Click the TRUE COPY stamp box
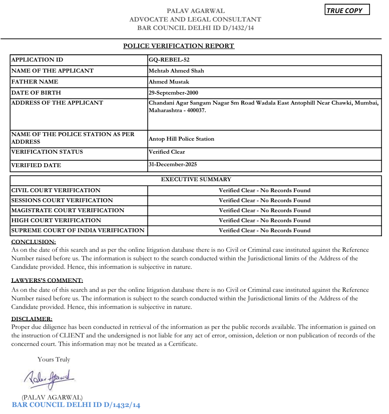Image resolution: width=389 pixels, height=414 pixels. [347, 10]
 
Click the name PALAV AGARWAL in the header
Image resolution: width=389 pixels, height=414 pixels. [195, 11]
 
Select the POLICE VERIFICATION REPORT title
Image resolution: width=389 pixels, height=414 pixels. [179, 46]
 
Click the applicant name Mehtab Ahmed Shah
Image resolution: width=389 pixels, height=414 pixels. [176, 71]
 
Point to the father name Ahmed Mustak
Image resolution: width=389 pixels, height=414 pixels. [169, 82]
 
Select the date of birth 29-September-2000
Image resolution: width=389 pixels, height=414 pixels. [177, 93]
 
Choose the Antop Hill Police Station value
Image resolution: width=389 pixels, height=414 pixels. [181, 139]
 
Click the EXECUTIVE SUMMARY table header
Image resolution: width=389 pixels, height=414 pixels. [196, 179]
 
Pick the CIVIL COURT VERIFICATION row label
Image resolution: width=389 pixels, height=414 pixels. [56, 190]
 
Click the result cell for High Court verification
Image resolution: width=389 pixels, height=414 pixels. [264, 220]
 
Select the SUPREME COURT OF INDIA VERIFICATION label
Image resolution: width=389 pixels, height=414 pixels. [78, 230]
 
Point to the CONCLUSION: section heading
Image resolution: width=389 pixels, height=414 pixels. [34, 242]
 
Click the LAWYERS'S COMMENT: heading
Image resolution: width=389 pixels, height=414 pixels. [47, 280]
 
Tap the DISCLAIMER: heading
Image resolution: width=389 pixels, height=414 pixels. [32, 319]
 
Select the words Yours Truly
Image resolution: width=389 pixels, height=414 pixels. [54, 359]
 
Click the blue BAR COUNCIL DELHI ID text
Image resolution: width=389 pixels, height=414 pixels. [76, 405]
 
